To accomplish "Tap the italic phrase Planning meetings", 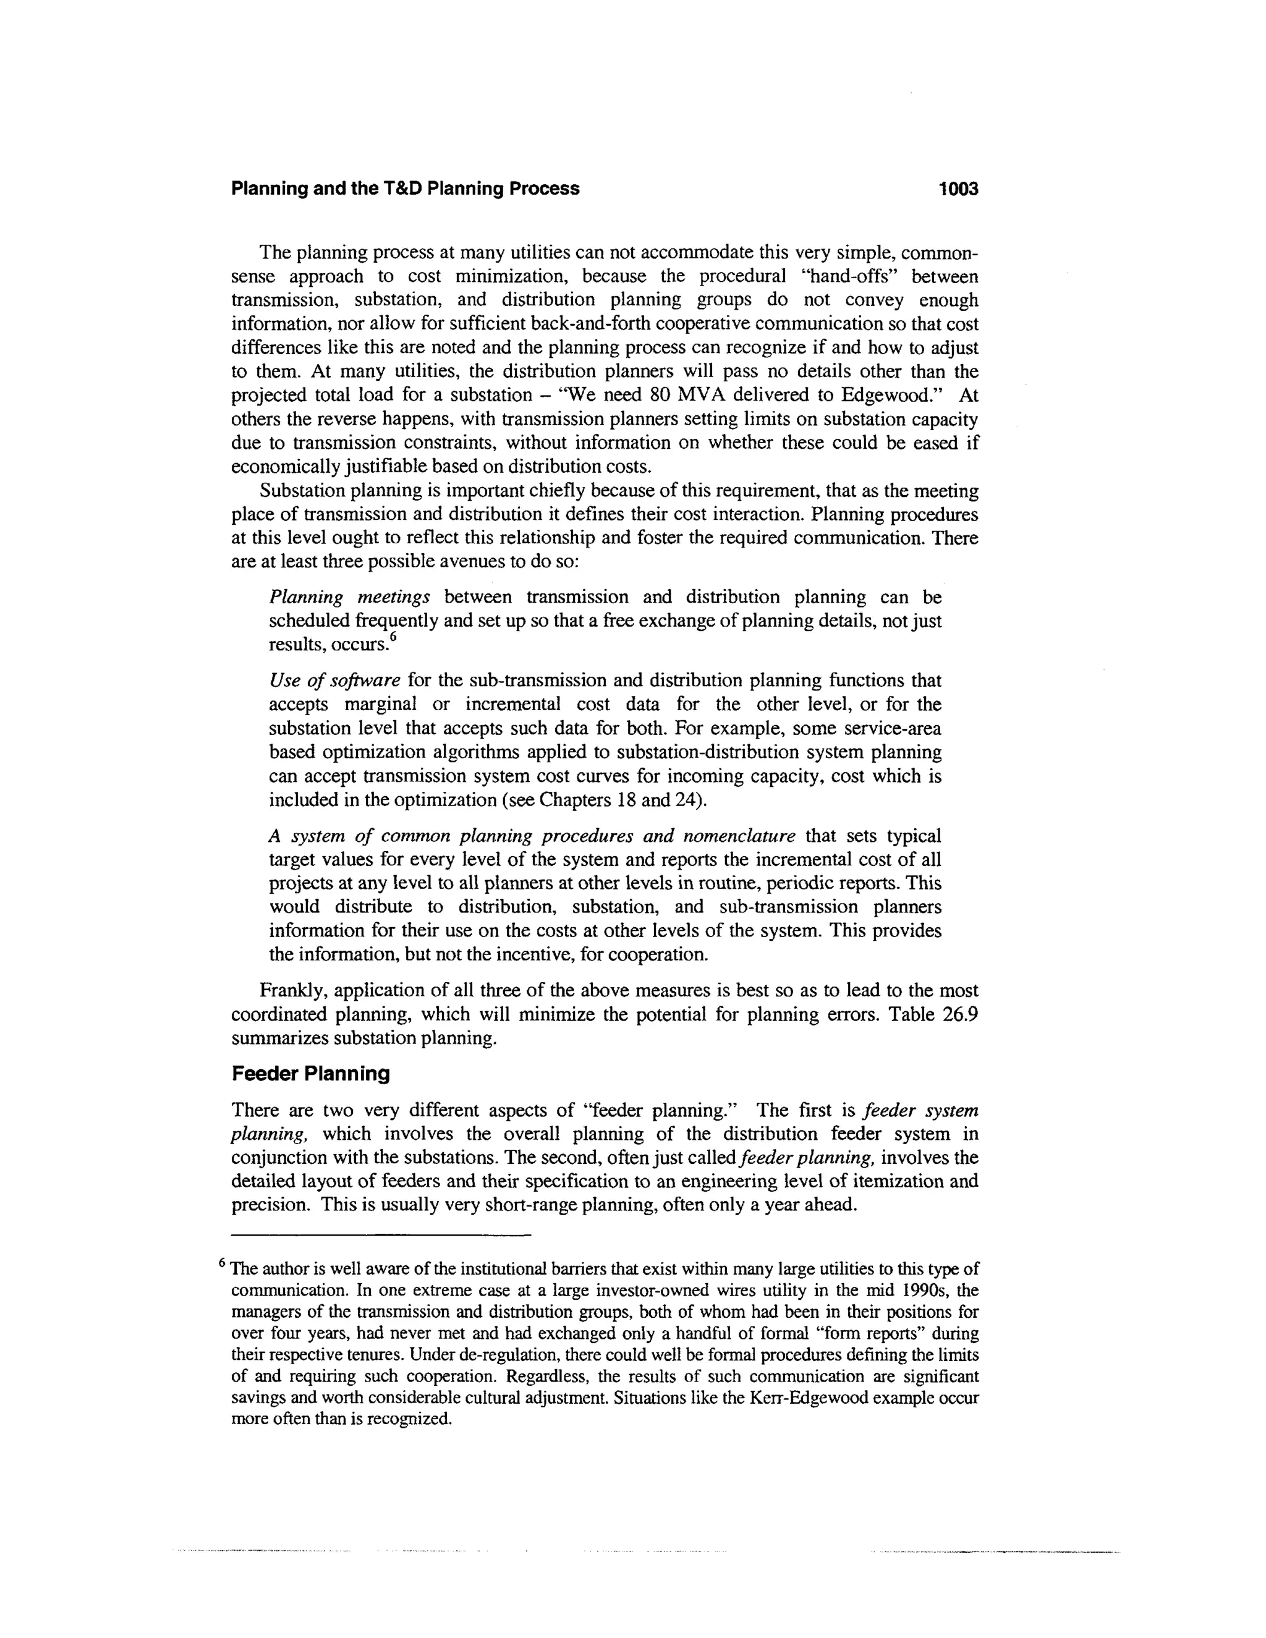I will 349,598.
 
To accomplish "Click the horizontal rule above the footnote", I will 381,1234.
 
